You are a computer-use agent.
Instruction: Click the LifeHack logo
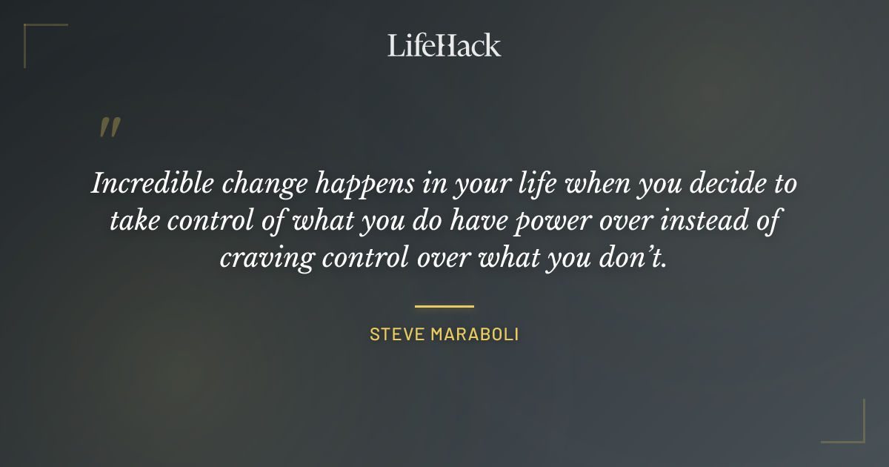(x=444, y=45)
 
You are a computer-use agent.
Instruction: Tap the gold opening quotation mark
(x=109, y=127)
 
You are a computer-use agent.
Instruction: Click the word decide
(x=726, y=184)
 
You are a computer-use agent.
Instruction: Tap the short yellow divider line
(x=444, y=305)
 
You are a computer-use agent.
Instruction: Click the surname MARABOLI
(x=476, y=334)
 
